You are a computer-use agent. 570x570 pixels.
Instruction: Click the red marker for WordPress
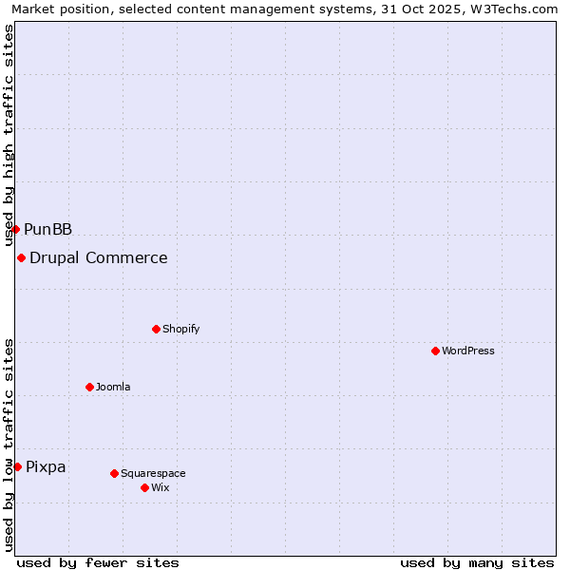(435, 351)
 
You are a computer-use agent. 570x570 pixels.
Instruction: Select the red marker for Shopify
(156, 329)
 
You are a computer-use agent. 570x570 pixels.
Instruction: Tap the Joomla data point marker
(89, 387)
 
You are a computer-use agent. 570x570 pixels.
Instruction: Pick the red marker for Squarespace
(114, 473)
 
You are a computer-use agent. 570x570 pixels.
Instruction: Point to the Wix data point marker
(144, 487)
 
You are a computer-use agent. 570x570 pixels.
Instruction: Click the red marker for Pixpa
(17, 466)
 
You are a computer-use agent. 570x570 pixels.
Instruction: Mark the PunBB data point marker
(15, 229)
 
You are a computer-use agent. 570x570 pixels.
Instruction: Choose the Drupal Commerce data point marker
(21, 257)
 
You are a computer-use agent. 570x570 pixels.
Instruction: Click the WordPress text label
(468, 351)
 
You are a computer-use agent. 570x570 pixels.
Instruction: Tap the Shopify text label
(181, 329)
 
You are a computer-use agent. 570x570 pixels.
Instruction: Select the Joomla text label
(113, 387)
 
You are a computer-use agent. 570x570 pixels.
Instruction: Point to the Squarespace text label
(153, 473)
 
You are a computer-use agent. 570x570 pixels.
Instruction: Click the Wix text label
(161, 487)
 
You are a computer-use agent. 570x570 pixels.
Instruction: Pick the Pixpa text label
(46, 466)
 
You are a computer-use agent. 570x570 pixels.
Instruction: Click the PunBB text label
(48, 229)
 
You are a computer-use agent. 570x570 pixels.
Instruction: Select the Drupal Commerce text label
(99, 257)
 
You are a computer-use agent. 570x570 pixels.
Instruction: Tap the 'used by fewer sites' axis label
(98, 562)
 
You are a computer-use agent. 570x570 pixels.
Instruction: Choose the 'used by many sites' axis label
(477, 562)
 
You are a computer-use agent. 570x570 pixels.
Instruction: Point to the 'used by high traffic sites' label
(9, 135)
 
